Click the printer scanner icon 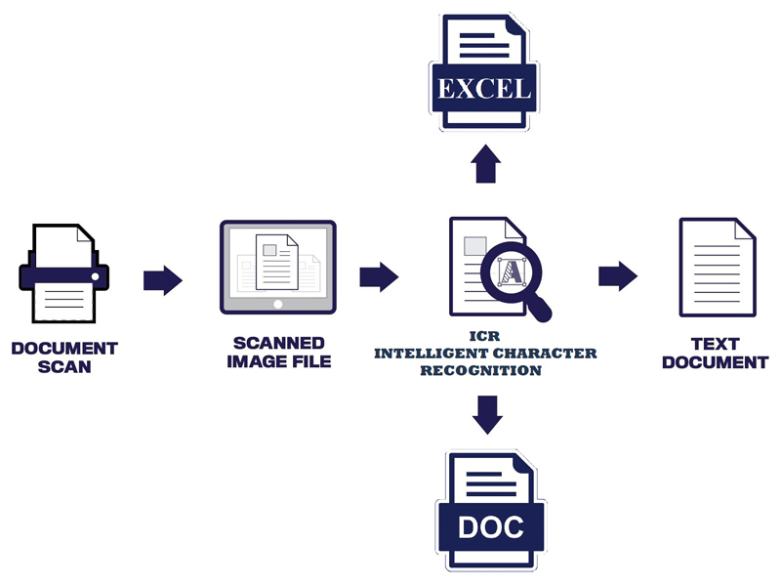click(64, 273)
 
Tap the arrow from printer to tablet click(162, 280)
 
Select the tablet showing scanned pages click(278, 266)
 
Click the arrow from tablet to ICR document click(378, 277)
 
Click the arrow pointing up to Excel click(486, 165)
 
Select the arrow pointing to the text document click(617, 276)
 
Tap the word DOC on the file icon click(490, 528)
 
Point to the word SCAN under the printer click(64, 367)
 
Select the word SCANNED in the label click(279, 344)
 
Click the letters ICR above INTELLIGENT click(485, 336)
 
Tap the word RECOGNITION click(486, 371)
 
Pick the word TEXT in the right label click(716, 345)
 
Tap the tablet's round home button click(278, 304)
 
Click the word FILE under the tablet click(309, 362)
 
